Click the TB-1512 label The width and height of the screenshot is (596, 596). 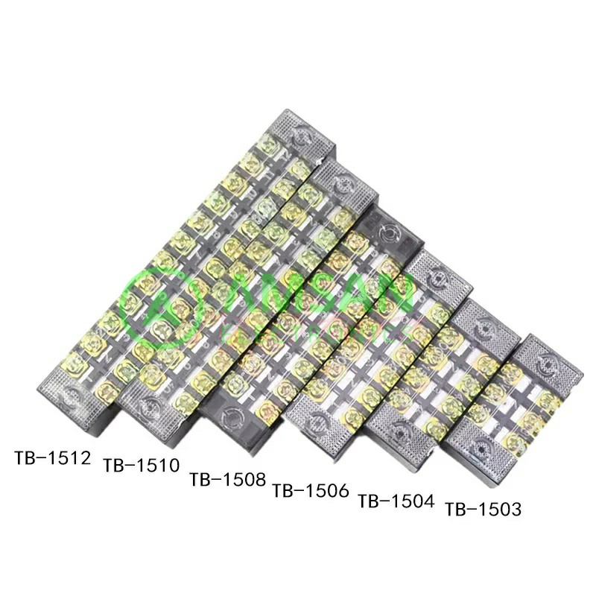52,456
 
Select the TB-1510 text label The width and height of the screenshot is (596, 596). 142,466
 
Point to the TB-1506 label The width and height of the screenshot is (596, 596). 311,490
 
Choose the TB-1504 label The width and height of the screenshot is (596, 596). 396,500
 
